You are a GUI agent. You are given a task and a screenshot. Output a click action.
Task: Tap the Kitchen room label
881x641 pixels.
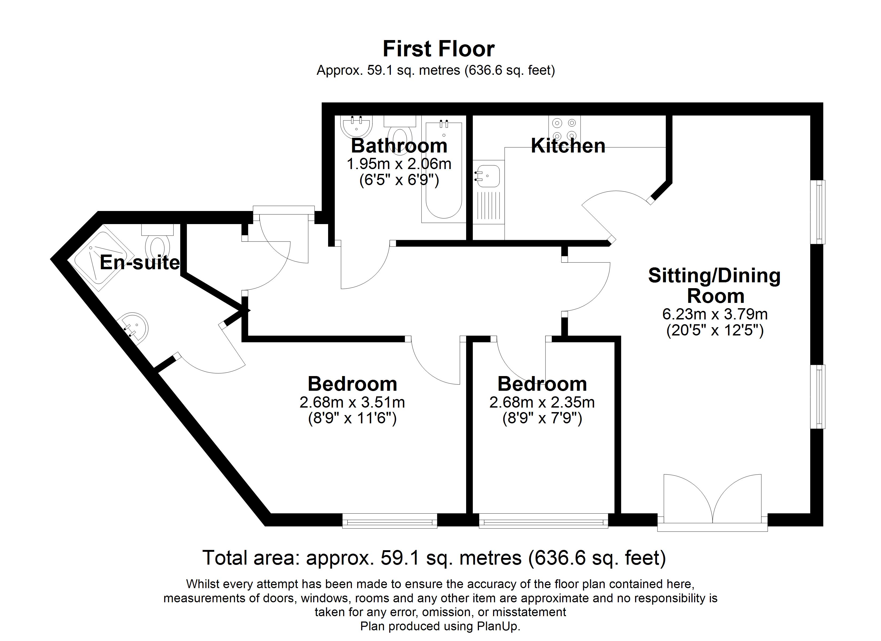click(x=568, y=146)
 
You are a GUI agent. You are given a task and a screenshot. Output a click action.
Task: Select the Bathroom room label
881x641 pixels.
click(x=399, y=146)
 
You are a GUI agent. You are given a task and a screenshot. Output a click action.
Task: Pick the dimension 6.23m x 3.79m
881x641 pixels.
click(x=715, y=314)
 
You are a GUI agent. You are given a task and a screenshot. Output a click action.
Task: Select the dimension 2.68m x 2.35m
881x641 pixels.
click(x=542, y=402)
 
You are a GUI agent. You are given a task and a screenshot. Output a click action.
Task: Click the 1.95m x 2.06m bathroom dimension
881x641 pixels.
click(x=399, y=164)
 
